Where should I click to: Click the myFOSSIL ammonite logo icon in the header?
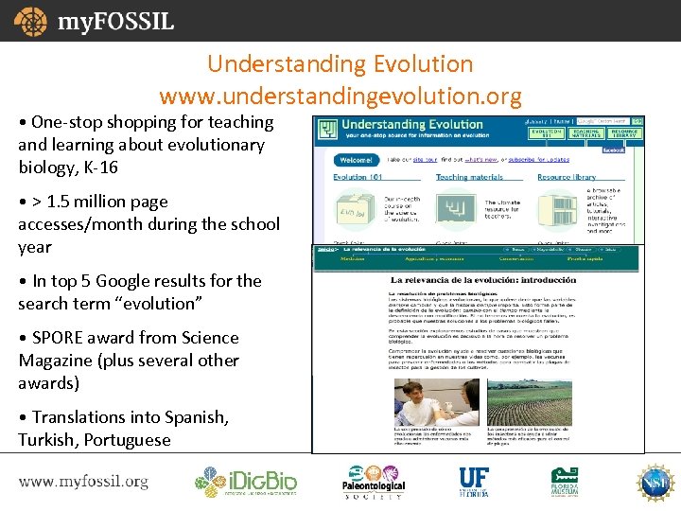click(x=30, y=21)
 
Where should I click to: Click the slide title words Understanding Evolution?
click(x=340, y=64)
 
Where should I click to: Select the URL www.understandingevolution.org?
click(x=340, y=96)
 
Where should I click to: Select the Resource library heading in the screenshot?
click(x=567, y=177)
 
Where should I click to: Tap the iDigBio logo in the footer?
click(x=246, y=482)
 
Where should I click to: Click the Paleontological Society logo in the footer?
click(x=373, y=482)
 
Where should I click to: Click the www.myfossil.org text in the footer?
click(x=83, y=482)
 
